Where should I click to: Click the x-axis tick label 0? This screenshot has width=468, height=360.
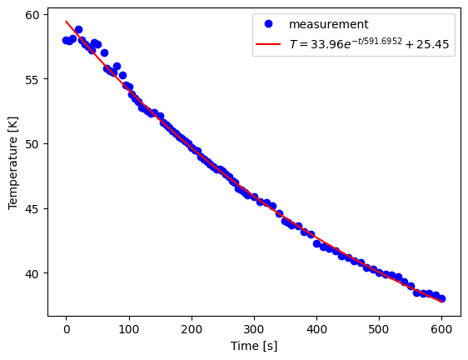[x=67, y=328]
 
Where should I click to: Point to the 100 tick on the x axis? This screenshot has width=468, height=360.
[x=129, y=328]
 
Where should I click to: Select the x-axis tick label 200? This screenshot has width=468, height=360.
[x=192, y=328]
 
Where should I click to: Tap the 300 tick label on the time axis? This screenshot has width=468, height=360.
[x=254, y=328]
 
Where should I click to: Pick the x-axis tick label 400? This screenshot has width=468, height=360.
[x=316, y=328]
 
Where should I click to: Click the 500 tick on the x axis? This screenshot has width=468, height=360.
[x=379, y=328]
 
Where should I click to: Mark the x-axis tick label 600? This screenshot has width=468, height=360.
[x=441, y=328]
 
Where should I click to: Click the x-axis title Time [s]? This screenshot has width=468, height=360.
[x=254, y=345]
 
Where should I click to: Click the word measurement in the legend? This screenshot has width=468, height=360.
[x=328, y=25]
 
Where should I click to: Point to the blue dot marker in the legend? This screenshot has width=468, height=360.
[x=268, y=25]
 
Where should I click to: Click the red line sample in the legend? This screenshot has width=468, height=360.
[x=268, y=45]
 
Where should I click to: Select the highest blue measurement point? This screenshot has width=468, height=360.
[x=78, y=29]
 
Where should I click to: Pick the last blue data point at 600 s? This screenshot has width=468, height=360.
[x=441, y=298]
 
